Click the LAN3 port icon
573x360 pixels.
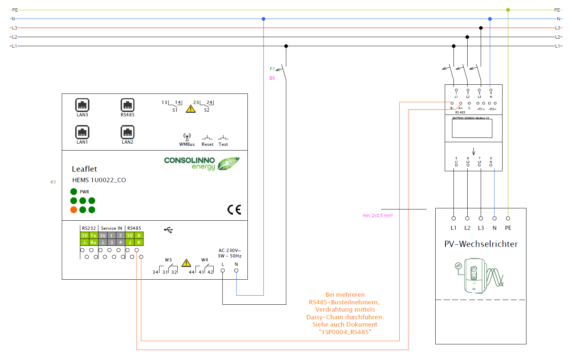tap(82, 105)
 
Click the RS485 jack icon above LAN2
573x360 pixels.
tap(128, 105)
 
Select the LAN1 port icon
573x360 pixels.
tap(82, 132)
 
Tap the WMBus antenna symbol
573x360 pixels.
tap(187, 137)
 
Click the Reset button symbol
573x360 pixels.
tap(207, 138)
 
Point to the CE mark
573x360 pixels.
tap(234, 209)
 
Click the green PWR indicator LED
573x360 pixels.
tap(74, 192)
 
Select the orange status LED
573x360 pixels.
tap(74, 210)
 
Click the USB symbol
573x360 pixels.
tap(168, 230)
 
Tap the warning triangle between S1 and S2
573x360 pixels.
tap(191, 109)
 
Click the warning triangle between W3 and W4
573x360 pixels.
tap(186, 263)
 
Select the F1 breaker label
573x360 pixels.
tap(272, 69)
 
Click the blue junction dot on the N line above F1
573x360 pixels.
tap(263, 19)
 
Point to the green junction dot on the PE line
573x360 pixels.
tap(508, 10)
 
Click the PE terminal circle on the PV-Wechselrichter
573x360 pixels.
tap(508, 218)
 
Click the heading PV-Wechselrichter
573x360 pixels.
tap(481, 244)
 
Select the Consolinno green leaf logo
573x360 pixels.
tap(229, 163)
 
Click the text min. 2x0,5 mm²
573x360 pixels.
tap(378, 216)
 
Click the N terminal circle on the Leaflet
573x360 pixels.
tap(236, 271)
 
